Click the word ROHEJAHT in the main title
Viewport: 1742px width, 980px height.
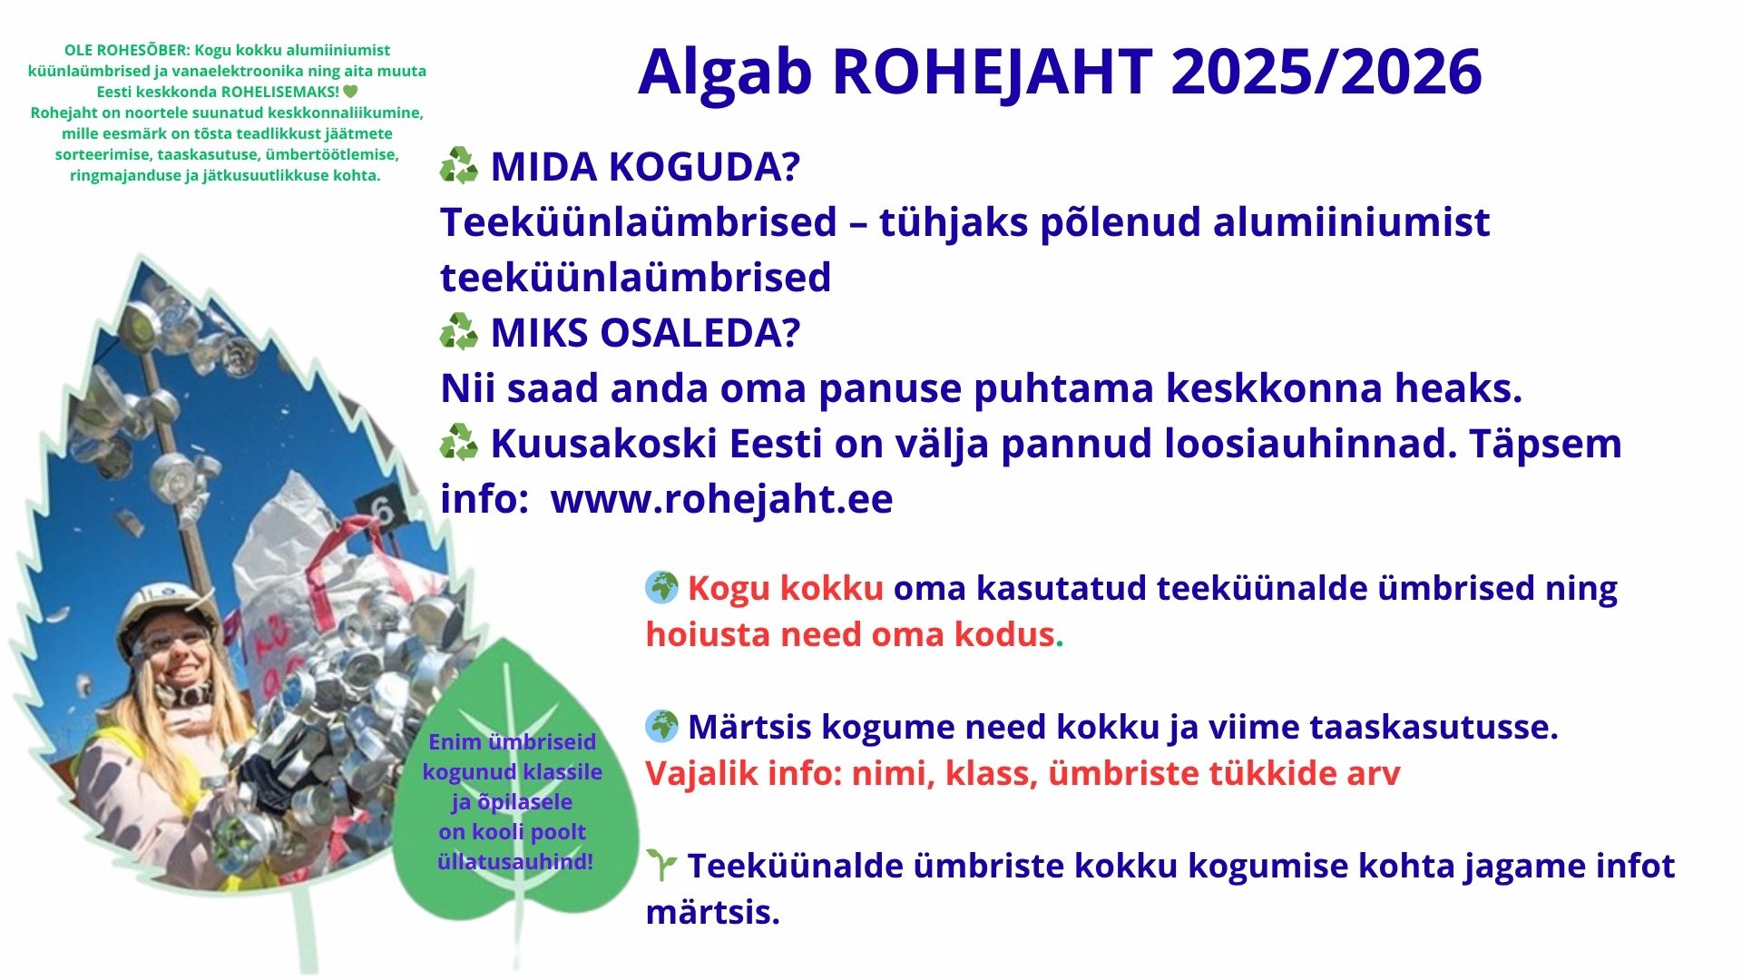click(x=993, y=71)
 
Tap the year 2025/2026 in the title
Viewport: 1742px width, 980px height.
click(x=1326, y=71)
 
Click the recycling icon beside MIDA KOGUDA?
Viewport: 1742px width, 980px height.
click(x=459, y=167)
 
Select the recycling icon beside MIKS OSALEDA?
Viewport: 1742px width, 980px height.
click(x=459, y=332)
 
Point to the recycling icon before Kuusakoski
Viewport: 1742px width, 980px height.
click(x=459, y=443)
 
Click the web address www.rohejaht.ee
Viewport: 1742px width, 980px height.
click(x=721, y=499)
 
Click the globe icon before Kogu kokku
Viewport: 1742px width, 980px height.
click(x=662, y=588)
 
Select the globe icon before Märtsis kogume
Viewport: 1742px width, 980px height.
click(x=662, y=726)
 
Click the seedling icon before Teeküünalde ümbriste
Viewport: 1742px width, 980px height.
click(x=662, y=866)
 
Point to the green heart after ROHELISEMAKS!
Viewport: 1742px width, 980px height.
click(x=351, y=92)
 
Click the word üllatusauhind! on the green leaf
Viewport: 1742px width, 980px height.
click(x=515, y=862)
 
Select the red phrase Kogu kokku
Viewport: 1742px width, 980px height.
click(x=785, y=588)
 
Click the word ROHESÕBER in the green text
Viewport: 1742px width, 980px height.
click(x=140, y=50)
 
